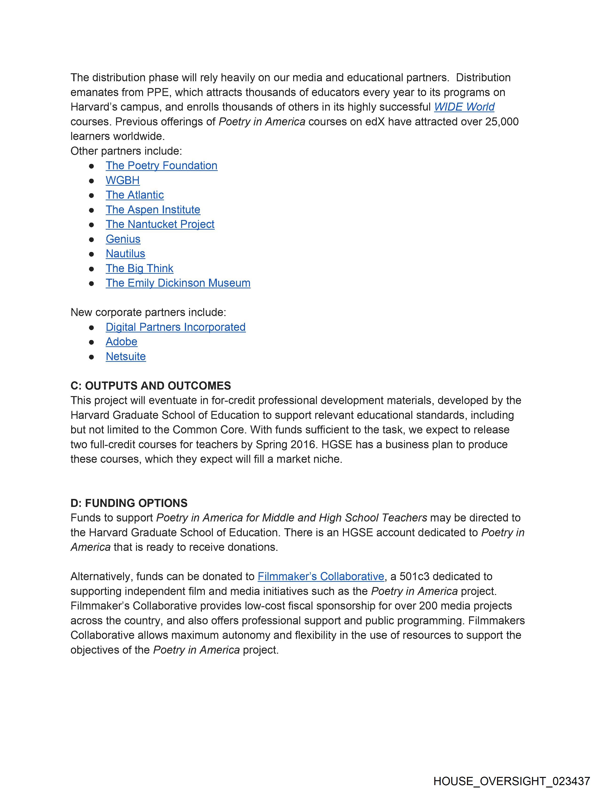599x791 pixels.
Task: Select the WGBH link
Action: tap(122, 180)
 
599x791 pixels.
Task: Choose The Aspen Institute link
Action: tap(153, 210)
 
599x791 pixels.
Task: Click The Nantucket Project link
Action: tap(160, 224)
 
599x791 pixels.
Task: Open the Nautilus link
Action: tap(125, 254)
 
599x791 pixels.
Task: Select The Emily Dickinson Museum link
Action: tap(178, 283)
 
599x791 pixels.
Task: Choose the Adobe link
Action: tap(121, 342)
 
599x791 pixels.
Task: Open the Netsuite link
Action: tap(126, 356)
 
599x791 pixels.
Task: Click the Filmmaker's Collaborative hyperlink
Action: tap(321, 576)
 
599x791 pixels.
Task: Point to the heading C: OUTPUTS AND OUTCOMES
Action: tap(151, 386)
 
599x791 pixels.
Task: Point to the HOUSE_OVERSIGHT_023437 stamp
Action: tap(511, 781)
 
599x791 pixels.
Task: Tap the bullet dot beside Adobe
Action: tap(92, 342)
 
